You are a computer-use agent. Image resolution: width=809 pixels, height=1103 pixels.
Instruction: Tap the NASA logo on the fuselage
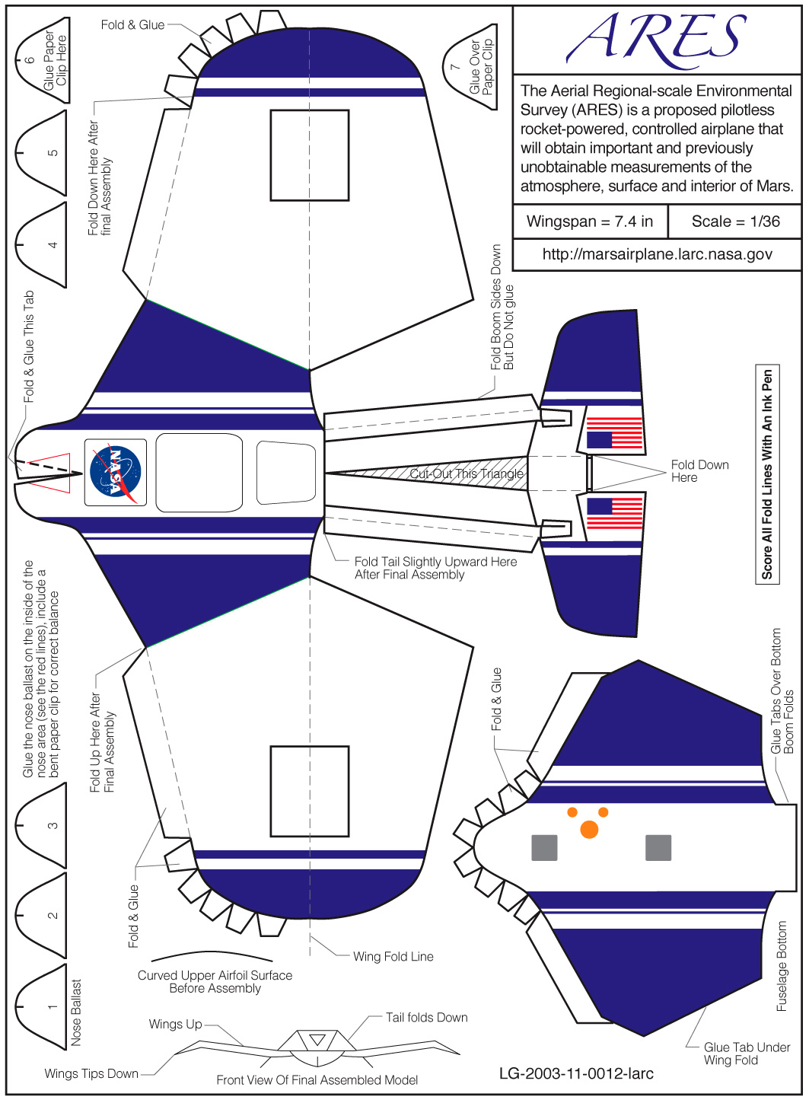[115, 472]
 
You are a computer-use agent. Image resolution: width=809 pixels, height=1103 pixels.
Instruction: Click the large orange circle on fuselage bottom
[589, 830]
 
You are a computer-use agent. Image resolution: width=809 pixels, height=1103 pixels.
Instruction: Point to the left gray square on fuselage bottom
[544, 847]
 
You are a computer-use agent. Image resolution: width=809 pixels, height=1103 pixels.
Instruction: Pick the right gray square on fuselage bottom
[658, 847]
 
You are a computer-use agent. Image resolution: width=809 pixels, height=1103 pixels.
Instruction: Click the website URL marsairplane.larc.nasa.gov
[657, 254]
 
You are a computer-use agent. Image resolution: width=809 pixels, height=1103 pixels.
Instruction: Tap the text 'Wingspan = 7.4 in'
[590, 222]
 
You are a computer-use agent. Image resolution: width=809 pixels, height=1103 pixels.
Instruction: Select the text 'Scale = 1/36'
[735, 222]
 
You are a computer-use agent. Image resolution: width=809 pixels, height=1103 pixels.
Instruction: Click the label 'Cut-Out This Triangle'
[467, 473]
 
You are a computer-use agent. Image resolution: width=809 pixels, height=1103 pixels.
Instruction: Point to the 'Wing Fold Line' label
[393, 957]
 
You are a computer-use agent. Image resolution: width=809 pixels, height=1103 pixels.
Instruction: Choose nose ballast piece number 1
[42, 1007]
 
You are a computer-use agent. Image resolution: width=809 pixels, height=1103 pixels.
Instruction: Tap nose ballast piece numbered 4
[42, 244]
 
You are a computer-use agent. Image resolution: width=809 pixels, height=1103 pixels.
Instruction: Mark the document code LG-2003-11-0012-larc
[576, 1073]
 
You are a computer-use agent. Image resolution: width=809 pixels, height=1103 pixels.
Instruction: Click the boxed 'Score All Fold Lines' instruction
[767, 474]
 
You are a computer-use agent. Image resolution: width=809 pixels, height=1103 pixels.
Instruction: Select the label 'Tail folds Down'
[426, 1018]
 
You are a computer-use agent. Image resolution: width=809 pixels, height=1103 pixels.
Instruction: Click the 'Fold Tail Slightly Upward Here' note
[435, 568]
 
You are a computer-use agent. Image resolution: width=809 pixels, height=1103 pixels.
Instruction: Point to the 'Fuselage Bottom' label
[782, 967]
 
